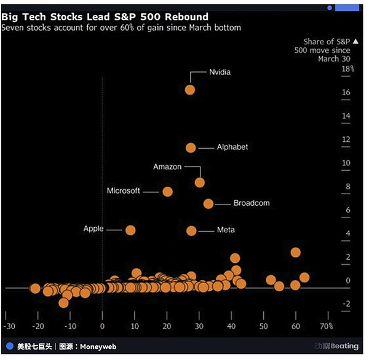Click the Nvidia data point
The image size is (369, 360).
tap(190, 90)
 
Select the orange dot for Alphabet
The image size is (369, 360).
tap(191, 147)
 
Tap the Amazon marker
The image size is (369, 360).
tap(199, 182)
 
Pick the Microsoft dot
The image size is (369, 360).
tap(167, 192)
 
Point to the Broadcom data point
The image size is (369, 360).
tap(208, 203)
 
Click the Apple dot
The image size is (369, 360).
tap(130, 230)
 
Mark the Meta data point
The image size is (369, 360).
tap(191, 230)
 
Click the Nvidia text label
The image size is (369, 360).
tap(220, 72)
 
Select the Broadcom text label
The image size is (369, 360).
tap(251, 203)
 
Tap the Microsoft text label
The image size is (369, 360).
tap(124, 191)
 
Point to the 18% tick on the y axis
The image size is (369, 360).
tap(347, 69)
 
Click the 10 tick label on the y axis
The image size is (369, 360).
tap(346, 163)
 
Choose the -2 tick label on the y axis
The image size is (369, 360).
tap(346, 304)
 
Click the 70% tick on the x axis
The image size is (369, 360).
tap(326, 326)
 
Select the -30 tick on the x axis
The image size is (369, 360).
tap(9, 326)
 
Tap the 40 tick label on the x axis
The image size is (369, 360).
tap(231, 326)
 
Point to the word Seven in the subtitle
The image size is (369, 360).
tap(13, 28)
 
